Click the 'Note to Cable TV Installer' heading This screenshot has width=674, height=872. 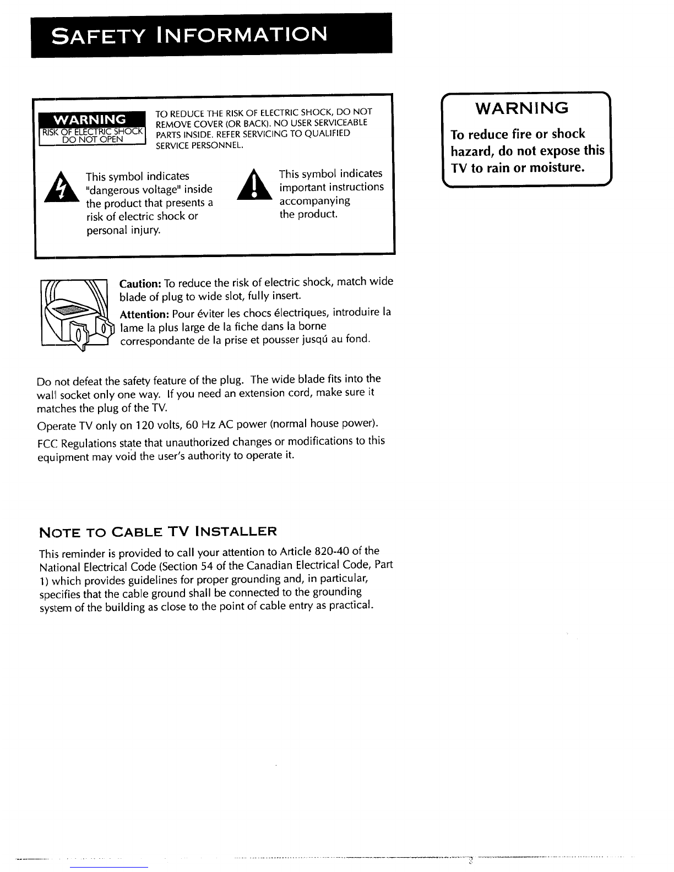pos(157,532)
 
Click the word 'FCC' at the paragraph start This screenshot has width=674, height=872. pos(47,444)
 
